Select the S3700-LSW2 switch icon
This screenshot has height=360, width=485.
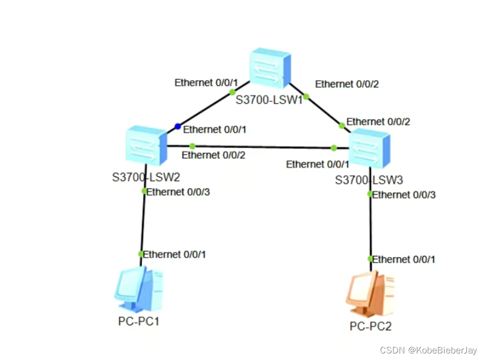pyautogui.click(x=145, y=146)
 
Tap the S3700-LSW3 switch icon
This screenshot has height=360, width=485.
pyautogui.click(x=369, y=148)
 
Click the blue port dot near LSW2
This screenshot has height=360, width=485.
pyautogui.click(x=177, y=126)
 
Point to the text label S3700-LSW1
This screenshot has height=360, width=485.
pyautogui.click(x=269, y=99)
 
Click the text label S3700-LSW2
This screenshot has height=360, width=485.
pyautogui.click(x=146, y=177)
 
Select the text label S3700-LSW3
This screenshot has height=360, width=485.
pyautogui.click(x=369, y=180)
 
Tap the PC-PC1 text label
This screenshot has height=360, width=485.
pyautogui.click(x=139, y=321)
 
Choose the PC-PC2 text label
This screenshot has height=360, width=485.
pyautogui.click(x=370, y=326)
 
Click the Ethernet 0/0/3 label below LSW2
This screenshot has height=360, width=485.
pyautogui.click(x=178, y=192)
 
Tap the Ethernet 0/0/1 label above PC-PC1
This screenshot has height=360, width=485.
pyautogui.click(x=175, y=254)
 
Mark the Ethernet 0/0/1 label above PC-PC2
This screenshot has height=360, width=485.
pyautogui.click(x=404, y=260)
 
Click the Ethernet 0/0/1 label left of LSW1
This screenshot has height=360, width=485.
pyautogui.click(x=206, y=83)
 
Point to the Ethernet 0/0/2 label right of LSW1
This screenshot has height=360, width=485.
pyautogui.click(x=347, y=84)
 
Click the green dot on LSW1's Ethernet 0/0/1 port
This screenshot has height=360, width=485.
pyautogui.click(x=232, y=92)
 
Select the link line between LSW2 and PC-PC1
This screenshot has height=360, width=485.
pyautogui.click(x=143, y=222)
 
